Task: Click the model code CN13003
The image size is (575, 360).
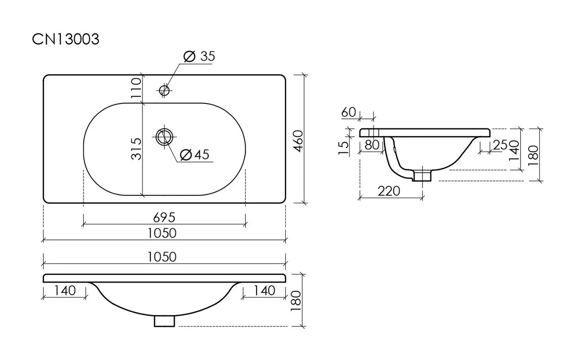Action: (66, 39)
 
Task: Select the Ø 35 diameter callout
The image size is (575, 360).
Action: (199, 56)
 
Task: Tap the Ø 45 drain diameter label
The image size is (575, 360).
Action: (195, 155)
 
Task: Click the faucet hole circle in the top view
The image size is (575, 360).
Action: (164, 90)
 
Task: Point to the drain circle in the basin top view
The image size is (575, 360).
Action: (164, 137)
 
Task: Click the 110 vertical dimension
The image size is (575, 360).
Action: (136, 88)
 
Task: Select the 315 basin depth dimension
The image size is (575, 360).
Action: (136, 149)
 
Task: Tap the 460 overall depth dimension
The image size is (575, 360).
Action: (299, 141)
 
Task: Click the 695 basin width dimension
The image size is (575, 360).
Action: (164, 218)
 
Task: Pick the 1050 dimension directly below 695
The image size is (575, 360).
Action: (162, 233)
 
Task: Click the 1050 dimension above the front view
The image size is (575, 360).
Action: (162, 257)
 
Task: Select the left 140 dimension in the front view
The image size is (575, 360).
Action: (65, 291)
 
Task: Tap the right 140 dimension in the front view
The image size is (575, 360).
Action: (265, 291)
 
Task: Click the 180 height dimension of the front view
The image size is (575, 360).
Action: (296, 301)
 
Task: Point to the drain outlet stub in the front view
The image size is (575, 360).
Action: (164, 321)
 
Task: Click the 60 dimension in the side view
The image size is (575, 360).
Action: (349, 112)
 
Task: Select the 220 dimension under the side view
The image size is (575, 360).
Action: (389, 191)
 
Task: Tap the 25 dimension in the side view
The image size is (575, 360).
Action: (500, 145)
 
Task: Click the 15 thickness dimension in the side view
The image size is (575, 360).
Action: (343, 148)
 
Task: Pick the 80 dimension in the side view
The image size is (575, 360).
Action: (372, 145)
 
